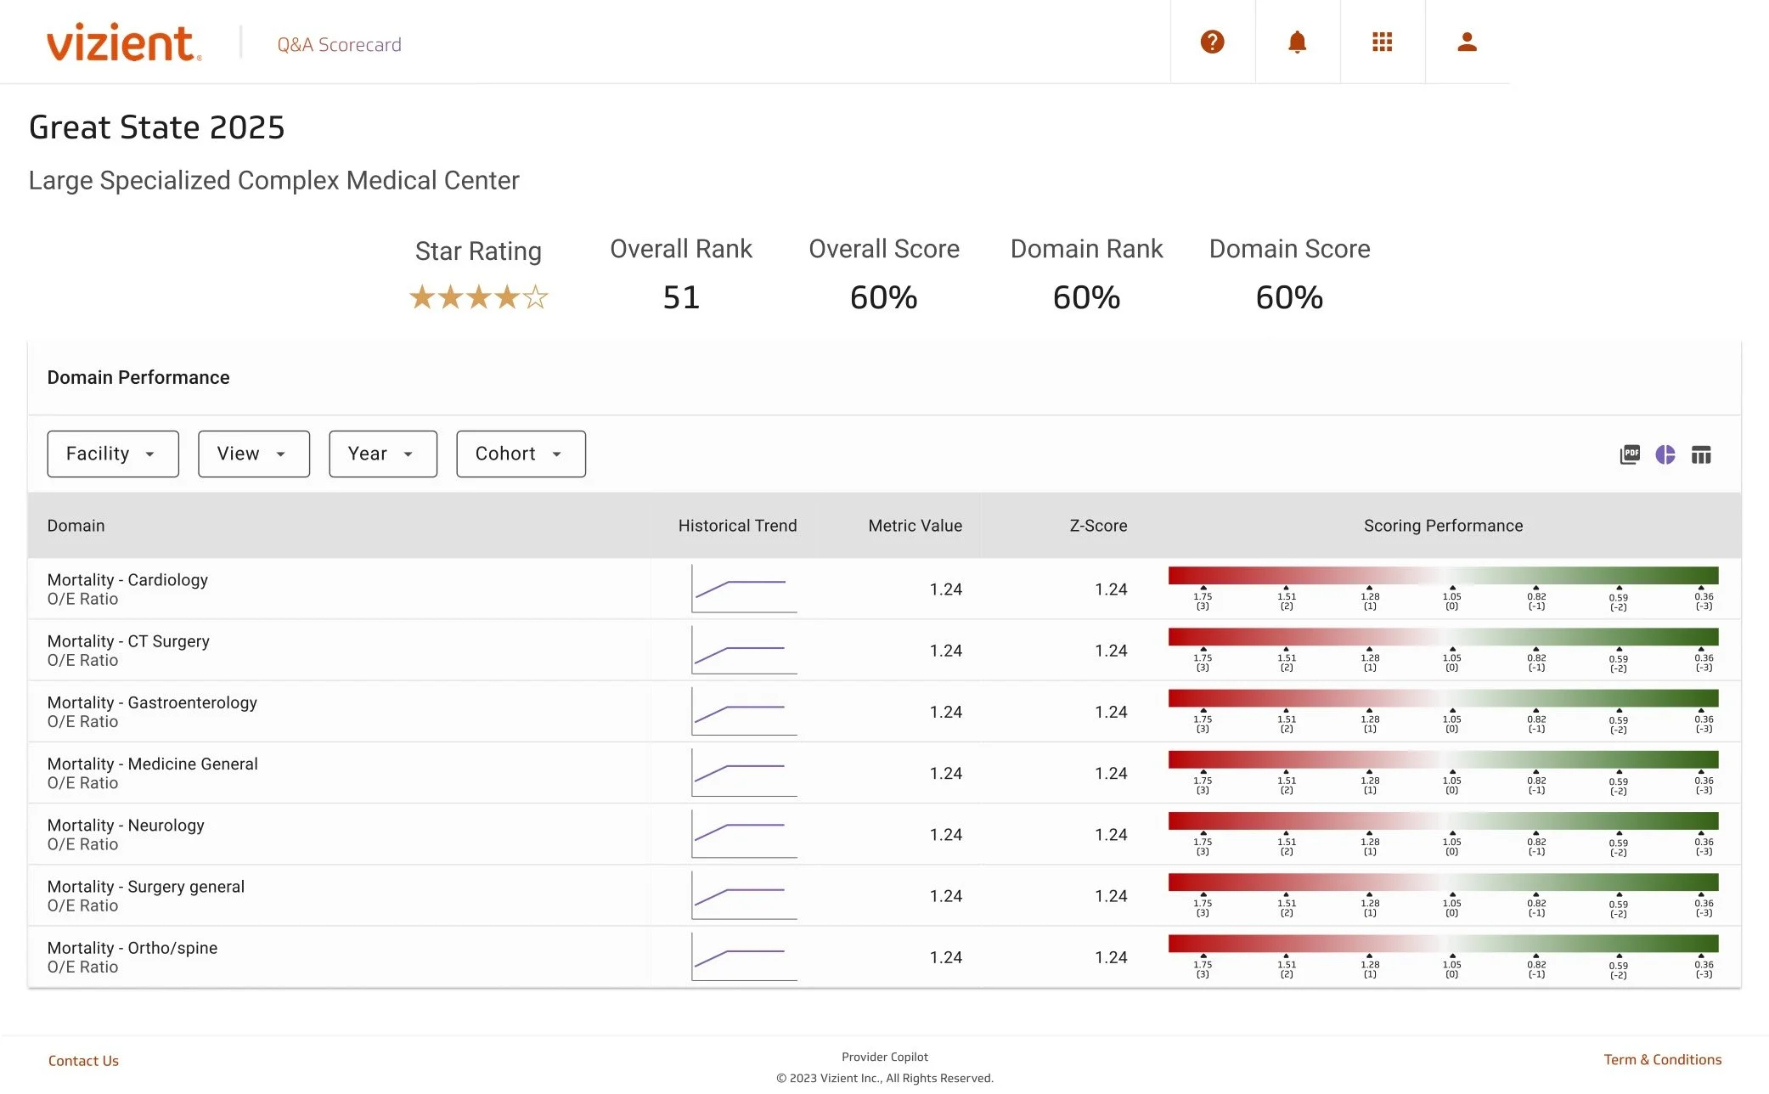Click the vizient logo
pyautogui.click(x=123, y=42)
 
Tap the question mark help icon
pyautogui.click(x=1212, y=42)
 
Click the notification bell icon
pyautogui.click(x=1297, y=42)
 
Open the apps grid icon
pyautogui.click(x=1382, y=42)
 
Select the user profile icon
pyautogui.click(x=1467, y=42)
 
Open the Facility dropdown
pyautogui.click(x=112, y=454)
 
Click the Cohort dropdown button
pyautogui.click(x=520, y=454)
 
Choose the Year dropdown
pyautogui.click(x=382, y=454)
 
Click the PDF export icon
pyautogui.click(x=1629, y=454)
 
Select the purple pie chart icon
pyautogui.click(x=1665, y=454)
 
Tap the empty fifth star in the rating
pyautogui.click(x=535, y=297)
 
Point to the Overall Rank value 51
pyautogui.click(x=681, y=297)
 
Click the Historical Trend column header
pyautogui.click(x=736, y=526)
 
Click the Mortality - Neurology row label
pyautogui.click(x=126, y=826)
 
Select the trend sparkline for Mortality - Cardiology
pyautogui.click(x=744, y=589)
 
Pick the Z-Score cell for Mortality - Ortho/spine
pyautogui.click(x=1110, y=957)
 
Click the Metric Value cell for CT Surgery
pyautogui.click(x=945, y=651)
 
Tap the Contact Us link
pyautogui.click(x=83, y=1061)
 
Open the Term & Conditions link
pyautogui.click(x=1662, y=1060)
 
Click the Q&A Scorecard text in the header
pyautogui.click(x=339, y=45)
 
